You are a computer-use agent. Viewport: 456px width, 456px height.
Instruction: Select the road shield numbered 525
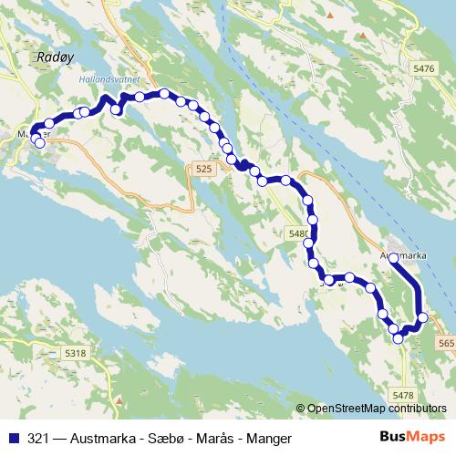(x=203, y=169)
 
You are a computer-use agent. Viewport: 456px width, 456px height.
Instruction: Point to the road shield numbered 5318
(x=77, y=354)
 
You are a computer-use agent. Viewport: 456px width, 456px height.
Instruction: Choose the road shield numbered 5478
(x=402, y=393)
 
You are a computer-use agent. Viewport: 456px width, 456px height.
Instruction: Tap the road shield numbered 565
(x=446, y=343)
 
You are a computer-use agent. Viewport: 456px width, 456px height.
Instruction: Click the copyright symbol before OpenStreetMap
(x=301, y=409)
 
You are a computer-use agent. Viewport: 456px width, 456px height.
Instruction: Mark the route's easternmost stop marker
(x=422, y=317)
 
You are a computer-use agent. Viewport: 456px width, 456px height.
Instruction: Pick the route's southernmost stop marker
(x=399, y=339)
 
